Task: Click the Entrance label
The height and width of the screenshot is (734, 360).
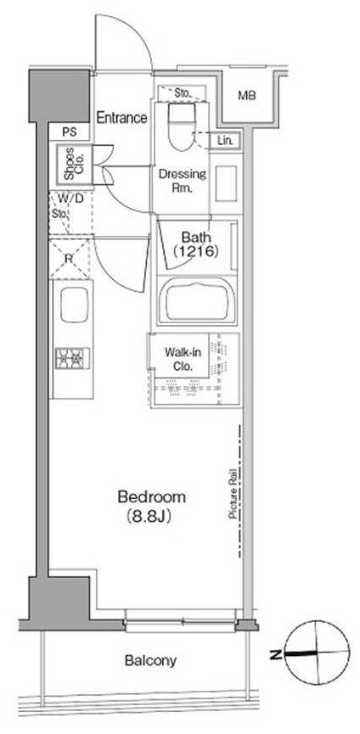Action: coord(121,117)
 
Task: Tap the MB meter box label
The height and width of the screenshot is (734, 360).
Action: coord(247,96)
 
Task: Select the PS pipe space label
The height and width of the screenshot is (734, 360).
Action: coord(70,132)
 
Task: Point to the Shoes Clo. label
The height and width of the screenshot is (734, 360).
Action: coord(73,164)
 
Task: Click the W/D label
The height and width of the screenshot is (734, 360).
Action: coord(70,199)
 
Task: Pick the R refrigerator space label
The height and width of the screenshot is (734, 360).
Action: coord(68,259)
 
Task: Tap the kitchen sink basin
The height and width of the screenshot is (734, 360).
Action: coord(74,305)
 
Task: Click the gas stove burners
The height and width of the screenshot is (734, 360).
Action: coord(72,358)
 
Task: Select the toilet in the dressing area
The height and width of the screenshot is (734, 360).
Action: coord(182,126)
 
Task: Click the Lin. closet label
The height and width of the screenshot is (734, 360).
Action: coord(227,140)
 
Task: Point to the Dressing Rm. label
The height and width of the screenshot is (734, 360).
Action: coord(182,181)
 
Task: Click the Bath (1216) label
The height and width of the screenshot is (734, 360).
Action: coord(196,244)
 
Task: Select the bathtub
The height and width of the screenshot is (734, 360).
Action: coord(197,300)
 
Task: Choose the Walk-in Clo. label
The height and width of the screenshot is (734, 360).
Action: coord(179,359)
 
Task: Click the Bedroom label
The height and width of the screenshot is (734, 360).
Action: coord(151,496)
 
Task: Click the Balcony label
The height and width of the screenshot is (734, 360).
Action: coord(151,660)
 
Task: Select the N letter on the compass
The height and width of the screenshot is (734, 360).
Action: coord(275,654)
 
